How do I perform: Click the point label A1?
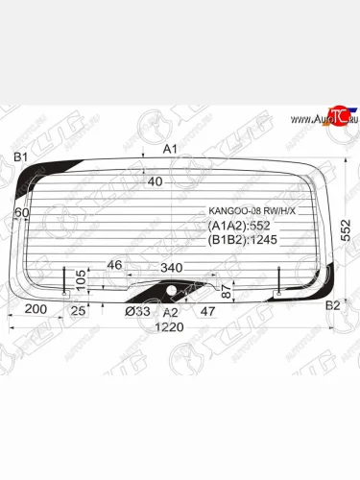pyautogui.click(x=170, y=149)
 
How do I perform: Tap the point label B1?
pyautogui.click(x=19, y=156)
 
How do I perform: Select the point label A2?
pyautogui.click(x=170, y=312)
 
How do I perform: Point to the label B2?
pyautogui.click(x=333, y=305)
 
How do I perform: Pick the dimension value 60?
pyautogui.click(x=22, y=212)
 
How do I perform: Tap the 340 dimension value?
pyautogui.click(x=172, y=267)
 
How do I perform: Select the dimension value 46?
pyautogui.click(x=114, y=264)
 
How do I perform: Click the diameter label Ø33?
pyautogui.click(x=136, y=312)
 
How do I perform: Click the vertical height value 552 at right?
pyautogui.click(x=348, y=230)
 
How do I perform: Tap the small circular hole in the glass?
pyautogui.click(x=172, y=289)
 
